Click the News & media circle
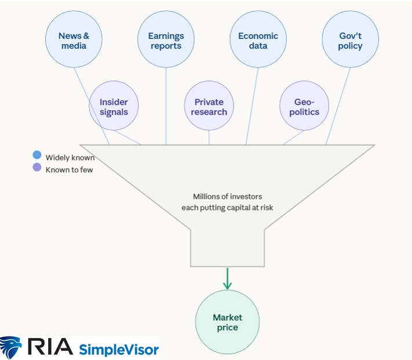74,41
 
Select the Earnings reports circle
166,41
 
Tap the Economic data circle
258,41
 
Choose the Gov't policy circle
351,41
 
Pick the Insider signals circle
114,107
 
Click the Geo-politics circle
304,107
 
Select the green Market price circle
228,322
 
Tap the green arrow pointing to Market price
228,279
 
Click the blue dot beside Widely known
37,155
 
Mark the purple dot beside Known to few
37,168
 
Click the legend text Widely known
70,158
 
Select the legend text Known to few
69,170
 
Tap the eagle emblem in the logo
11,347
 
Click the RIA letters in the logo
49,347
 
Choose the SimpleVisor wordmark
118,349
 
